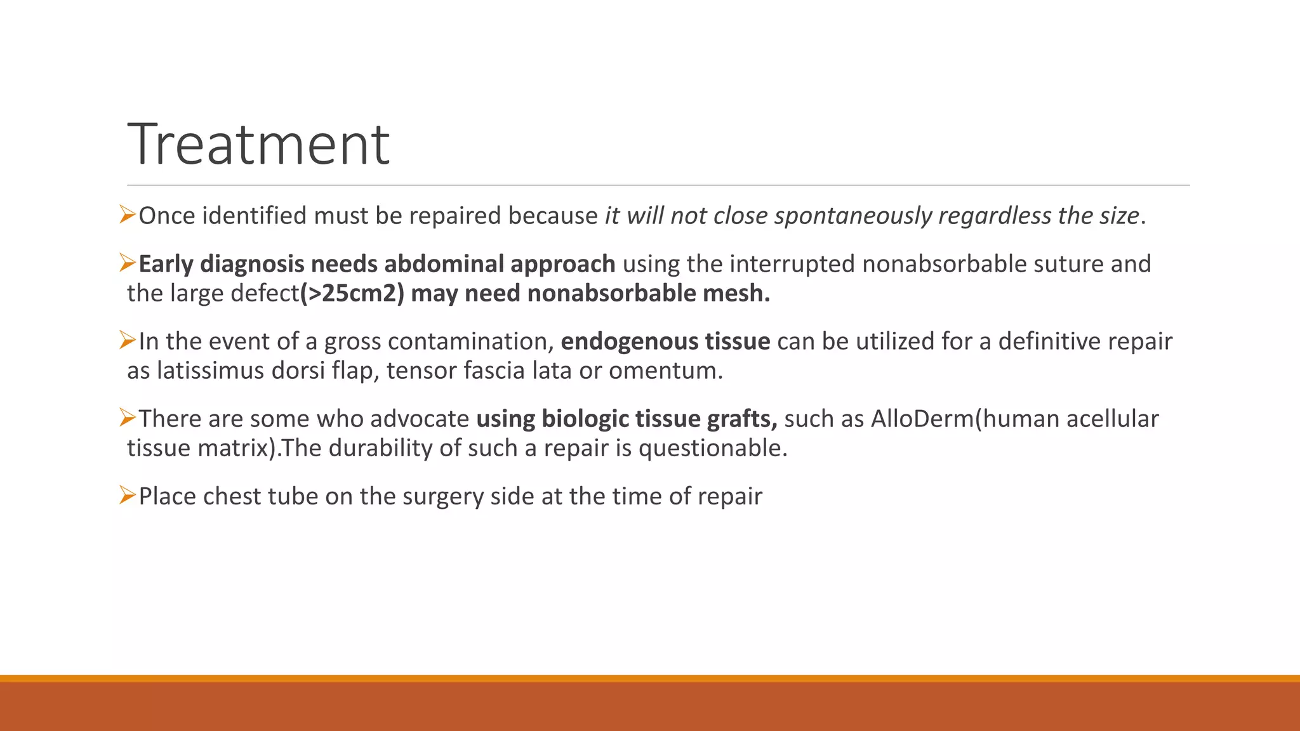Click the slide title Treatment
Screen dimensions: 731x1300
(258, 145)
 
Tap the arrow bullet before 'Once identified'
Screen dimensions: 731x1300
(128, 215)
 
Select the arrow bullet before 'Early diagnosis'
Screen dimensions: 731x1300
(128, 263)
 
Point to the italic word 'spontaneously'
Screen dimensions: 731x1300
(853, 216)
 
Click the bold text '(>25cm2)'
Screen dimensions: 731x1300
(352, 293)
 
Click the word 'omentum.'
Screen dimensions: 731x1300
(666, 371)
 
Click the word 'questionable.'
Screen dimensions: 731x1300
(712, 448)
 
